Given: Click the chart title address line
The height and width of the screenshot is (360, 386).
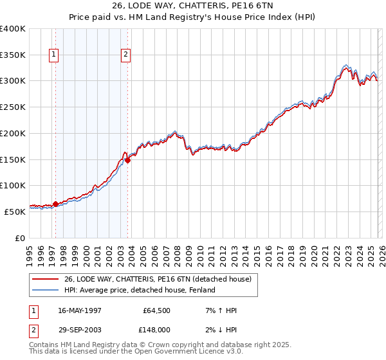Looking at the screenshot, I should tap(193, 7).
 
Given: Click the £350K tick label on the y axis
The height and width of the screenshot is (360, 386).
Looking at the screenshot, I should tap(13, 55).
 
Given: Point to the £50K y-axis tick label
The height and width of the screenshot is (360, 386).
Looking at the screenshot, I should tap(15, 211).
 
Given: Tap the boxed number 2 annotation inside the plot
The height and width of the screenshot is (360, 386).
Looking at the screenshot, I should tap(125, 55).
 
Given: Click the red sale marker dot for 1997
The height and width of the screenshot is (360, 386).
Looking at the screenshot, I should tap(56, 204).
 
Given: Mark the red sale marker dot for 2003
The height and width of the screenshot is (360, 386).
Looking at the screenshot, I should tap(128, 161).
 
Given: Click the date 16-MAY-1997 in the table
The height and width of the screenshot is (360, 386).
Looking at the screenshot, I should tap(80, 310).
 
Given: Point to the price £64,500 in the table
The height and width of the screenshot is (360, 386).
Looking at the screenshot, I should tap(157, 310).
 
